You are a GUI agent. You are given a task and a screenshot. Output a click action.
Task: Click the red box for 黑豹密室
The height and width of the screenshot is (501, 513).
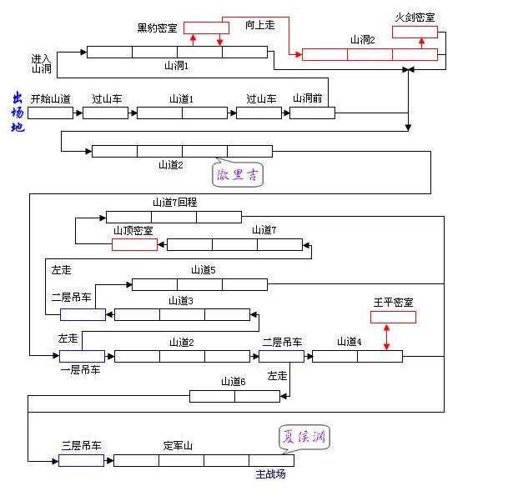[x=205, y=28]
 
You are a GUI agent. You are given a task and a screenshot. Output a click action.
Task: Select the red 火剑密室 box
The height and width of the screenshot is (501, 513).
[x=415, y=32]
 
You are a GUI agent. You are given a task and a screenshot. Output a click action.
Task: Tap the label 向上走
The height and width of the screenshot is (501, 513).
[x=259, y=25]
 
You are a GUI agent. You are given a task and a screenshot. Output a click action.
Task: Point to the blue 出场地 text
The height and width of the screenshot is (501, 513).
[x=18, y=113]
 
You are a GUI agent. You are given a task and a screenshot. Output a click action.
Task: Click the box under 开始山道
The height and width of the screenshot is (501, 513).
[x=50, y=113]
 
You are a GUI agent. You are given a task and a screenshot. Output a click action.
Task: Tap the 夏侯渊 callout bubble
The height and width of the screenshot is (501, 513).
[x=304, y=436]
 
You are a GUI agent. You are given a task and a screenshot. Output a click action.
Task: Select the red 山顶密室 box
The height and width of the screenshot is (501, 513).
[x=134, y=244]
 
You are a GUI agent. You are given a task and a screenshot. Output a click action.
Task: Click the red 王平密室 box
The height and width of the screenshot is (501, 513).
[x=393, y=317]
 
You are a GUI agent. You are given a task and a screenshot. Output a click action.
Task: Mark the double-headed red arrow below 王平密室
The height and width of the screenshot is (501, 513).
[x=386, y=336]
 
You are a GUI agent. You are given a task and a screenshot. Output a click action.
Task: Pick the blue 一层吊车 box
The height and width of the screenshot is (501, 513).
[x=82, y=356]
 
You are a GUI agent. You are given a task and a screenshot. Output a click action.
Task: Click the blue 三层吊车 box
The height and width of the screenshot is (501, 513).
[x=81, y=459]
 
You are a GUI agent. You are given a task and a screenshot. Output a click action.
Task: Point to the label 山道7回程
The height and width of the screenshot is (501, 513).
[x=174, y=202]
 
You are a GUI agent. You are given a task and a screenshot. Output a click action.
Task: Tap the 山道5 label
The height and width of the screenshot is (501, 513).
[x=203, y=269]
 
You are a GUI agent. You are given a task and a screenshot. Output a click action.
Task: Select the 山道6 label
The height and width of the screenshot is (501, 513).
[x=233, y=381]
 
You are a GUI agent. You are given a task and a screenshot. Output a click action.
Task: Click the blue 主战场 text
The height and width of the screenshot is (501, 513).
[x=270, y=473]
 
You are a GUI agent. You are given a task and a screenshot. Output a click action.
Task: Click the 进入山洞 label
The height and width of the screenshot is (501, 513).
[x=42, y=63]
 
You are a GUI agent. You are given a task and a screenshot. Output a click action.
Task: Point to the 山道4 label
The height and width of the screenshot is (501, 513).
[x=349, y=341]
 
